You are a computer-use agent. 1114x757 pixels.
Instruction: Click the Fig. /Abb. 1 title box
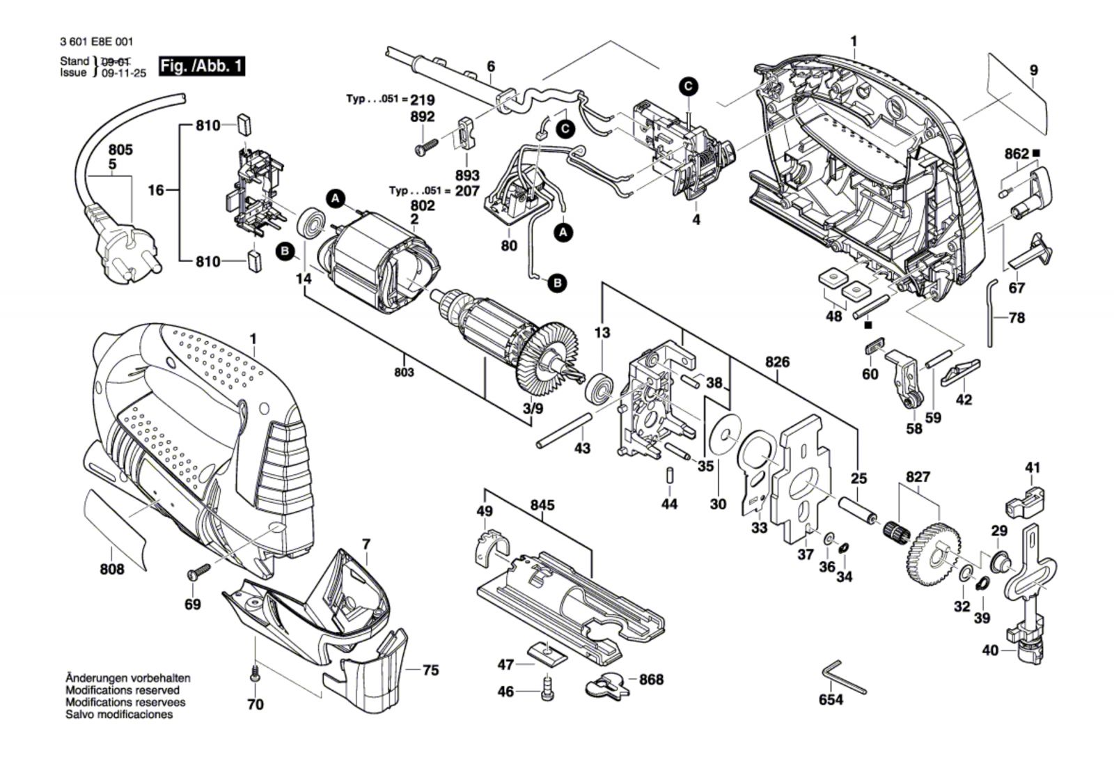point(202,66)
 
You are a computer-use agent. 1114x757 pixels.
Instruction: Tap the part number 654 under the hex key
point(831,699)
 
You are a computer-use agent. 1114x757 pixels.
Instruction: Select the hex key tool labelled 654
point(844,676)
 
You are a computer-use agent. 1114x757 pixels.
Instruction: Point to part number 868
point(651,680)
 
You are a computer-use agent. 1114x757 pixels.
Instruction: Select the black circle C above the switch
point(688,86)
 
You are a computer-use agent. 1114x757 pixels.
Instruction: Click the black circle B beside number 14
point(285,251)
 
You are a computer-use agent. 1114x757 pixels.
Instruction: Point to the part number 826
point(777,362)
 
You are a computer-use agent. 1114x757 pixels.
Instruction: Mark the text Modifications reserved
point(123,690)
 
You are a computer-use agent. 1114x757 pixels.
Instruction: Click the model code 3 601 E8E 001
point(96,42)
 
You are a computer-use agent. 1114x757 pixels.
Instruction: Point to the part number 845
point(542,506)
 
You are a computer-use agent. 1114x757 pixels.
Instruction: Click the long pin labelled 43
point(564,430)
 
